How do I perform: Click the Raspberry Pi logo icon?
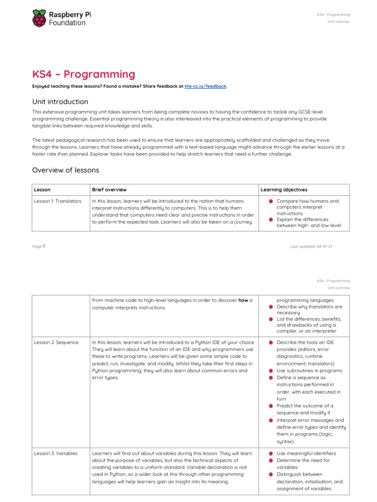tap(40, 19)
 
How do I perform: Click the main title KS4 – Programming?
tap(83, 75)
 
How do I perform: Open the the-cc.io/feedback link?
tap(205, 86)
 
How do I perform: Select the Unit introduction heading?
tap(60, 101)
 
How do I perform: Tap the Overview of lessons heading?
tap(66, 170)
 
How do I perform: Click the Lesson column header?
tap(42, 190)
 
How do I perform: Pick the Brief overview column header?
tap(109, 190)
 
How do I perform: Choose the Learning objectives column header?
tap(284, 190)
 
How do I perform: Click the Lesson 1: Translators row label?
tap(57, 201)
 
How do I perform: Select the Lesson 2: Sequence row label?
tap(56, 342)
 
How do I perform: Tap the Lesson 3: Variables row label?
tap(56, 453)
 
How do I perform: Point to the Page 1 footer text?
tap(39, 246)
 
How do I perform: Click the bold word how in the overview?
tap(243, 301)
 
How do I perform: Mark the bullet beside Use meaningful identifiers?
tap(270, 453)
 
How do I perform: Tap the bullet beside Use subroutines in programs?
tap(270, 371)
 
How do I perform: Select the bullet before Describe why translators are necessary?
tap(270, 307)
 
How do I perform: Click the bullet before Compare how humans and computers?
tap(270, 201)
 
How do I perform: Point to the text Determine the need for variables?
tap(303, 464)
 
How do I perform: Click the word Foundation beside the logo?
tap(67, 23)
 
